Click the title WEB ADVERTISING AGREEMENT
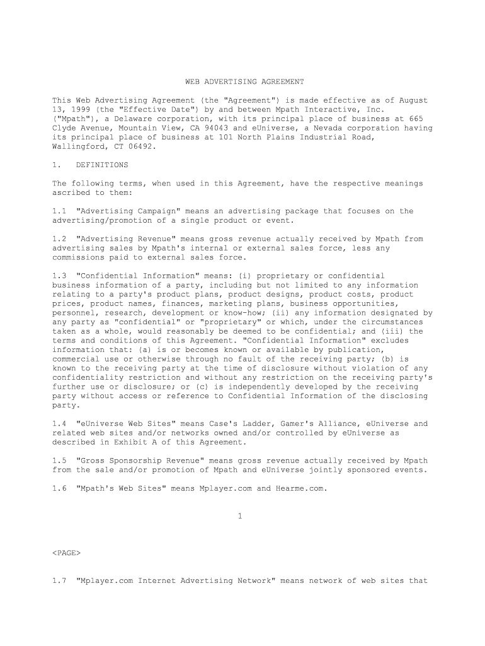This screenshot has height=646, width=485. tap(244, 82)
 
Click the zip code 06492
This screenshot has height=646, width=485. tap(139, 146)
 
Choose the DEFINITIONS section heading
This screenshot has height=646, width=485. tap(101, 165)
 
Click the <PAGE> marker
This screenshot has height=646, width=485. tap(66, 553)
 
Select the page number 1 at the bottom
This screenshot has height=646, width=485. tap(241, 516)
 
